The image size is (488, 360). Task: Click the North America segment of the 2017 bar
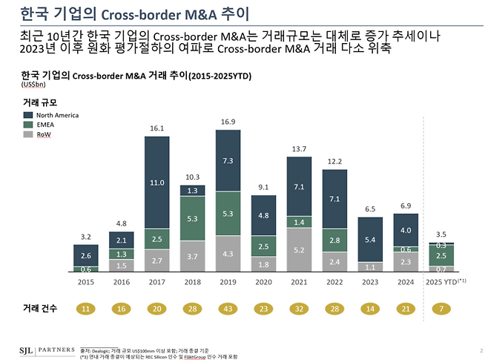click(156, 183)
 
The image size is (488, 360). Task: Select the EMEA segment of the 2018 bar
click(193, 218)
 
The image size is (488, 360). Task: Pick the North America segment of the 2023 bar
click(370, 239)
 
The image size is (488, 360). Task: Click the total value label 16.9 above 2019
click(228, 122)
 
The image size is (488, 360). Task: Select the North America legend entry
click(51, 115)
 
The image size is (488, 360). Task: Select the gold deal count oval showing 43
click(228, 308)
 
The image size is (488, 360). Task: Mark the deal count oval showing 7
click(442, 308)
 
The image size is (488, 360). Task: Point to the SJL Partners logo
click(44, 348)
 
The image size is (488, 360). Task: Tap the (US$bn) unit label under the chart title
click(33, 84)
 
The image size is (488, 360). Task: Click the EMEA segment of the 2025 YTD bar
click(442, 255)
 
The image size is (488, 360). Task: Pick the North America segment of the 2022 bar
click(334, 198)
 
